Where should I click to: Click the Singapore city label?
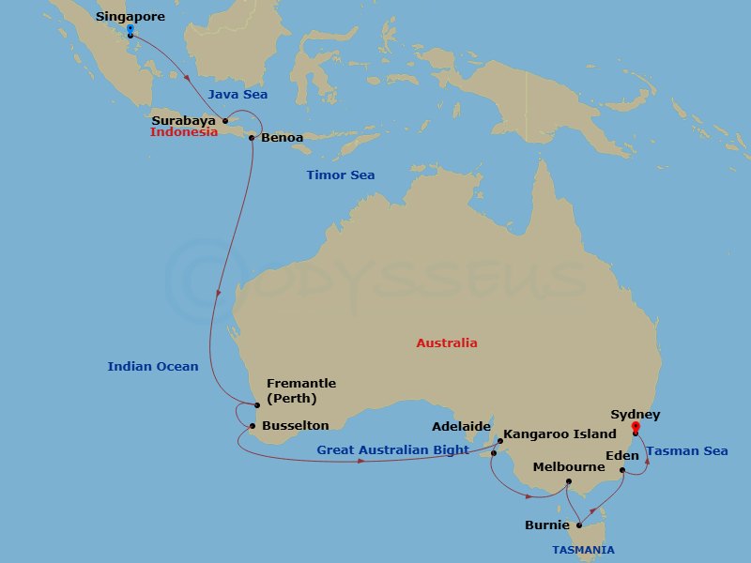point(130,17)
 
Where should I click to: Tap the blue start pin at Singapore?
point(130,30)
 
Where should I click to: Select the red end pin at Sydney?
point(636,428)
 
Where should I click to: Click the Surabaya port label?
point(184,120)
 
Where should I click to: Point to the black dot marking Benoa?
point(252,138)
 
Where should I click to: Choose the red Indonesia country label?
point(184,132)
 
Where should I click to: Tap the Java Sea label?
point(237,95)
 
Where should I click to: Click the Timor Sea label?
point(340,175)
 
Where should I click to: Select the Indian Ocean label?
point(153,367)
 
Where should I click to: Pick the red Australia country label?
point(447,343)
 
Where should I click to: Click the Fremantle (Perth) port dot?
point(256,405)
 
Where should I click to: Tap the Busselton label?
point(296,425)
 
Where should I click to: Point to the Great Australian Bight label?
point(392,450)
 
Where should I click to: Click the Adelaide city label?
point(461,426)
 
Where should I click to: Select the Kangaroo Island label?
point(559,434)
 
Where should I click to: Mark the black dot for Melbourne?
point(569,482)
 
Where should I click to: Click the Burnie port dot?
point(579,525)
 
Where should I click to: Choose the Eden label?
point(622,456)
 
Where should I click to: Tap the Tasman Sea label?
point(687,451)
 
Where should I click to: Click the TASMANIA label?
point(584,550)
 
